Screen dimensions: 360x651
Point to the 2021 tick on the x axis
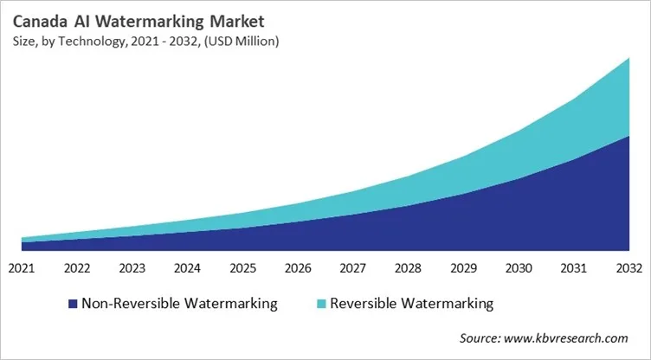22,267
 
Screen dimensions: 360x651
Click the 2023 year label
132,267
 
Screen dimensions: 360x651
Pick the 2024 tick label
187,267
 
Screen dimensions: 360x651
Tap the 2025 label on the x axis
242,267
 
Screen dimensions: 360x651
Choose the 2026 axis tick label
297,267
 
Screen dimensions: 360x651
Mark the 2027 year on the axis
352,267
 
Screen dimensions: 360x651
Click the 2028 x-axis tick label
407,267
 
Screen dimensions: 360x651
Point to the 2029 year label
462,267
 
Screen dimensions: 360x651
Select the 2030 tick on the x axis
518,267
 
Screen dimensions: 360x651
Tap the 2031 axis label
572,267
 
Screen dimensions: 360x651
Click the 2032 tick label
628,267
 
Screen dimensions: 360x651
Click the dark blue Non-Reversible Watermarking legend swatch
72,304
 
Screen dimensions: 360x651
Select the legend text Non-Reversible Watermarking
179,304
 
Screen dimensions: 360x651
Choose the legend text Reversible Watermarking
411,304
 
